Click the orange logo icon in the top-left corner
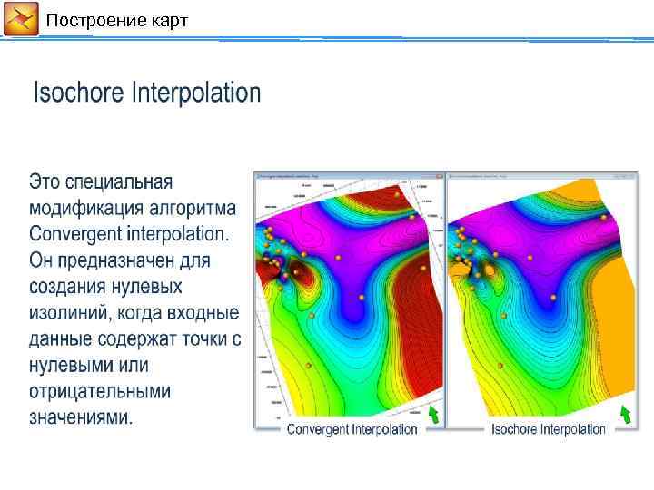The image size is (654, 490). [21, 19]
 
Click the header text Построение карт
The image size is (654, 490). [117, 20]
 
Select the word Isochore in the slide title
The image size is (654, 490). [79, 93]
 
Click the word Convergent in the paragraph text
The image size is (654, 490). [74, 234]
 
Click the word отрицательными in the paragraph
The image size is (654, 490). [100, 392]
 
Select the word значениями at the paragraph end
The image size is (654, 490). [80, 418]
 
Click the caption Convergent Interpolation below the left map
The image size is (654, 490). [352, 429]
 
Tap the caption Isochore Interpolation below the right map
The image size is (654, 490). [548, 429]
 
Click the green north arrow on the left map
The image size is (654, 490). [433, 415]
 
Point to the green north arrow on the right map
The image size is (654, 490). [625, 415]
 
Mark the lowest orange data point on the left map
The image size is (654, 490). [309, 365]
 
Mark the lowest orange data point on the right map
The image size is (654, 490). [499, 365]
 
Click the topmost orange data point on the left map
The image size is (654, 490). [396, 193]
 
